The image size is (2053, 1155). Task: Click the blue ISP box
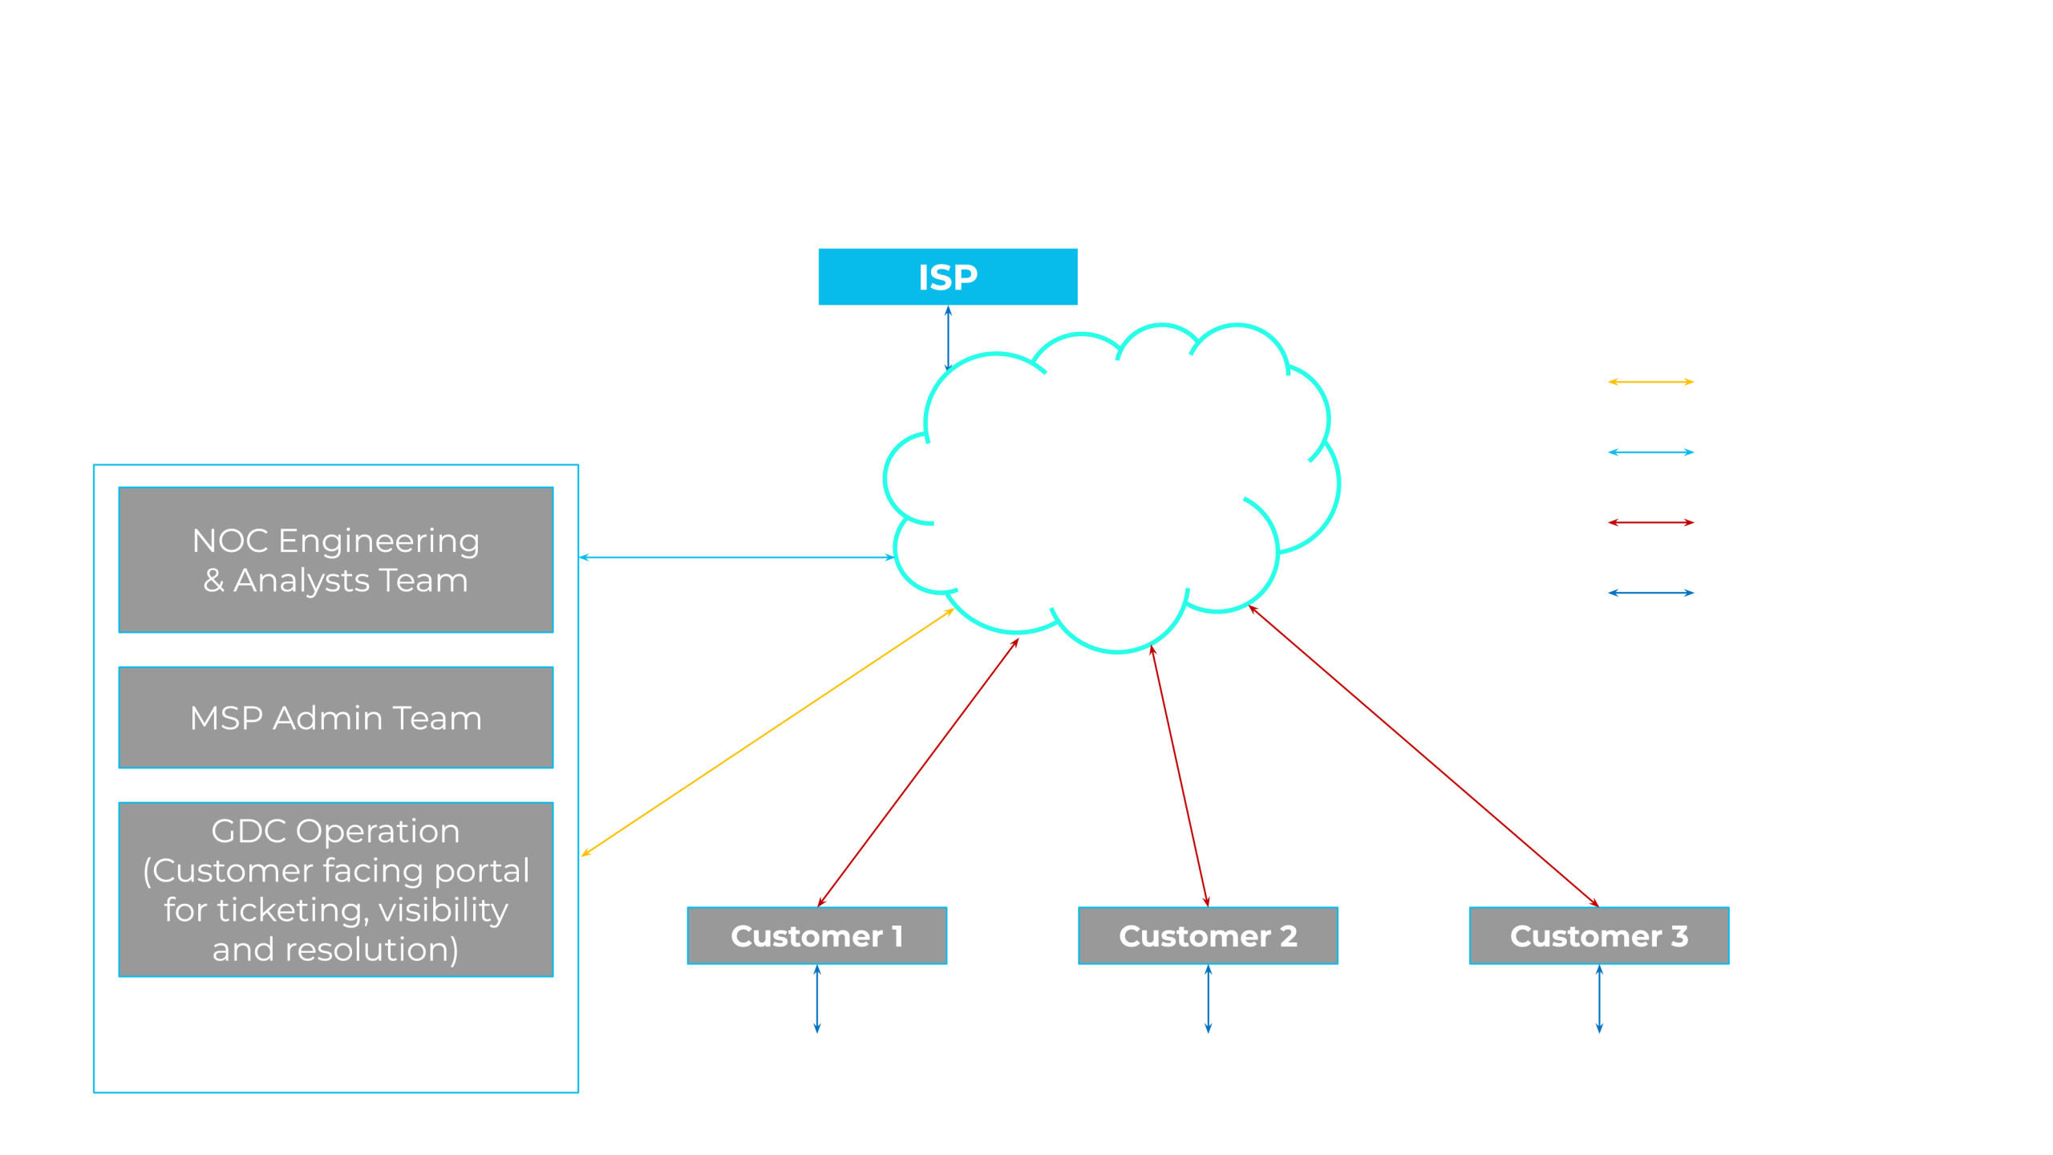point(947,277)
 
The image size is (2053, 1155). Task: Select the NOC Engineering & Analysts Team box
point(335,560)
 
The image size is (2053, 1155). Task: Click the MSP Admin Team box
point(335,718)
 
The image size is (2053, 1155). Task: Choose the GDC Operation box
point(335,890)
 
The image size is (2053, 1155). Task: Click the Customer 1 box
point(816,936)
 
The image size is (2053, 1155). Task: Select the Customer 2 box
point(1208,936)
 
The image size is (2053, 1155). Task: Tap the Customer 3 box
point(1599,936)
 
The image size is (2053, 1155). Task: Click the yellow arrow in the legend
point(1650,382)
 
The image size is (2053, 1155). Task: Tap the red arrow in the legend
point(1650,522)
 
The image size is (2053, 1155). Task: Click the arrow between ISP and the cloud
point(948,337)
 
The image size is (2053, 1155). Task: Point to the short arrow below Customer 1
point(816,999)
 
